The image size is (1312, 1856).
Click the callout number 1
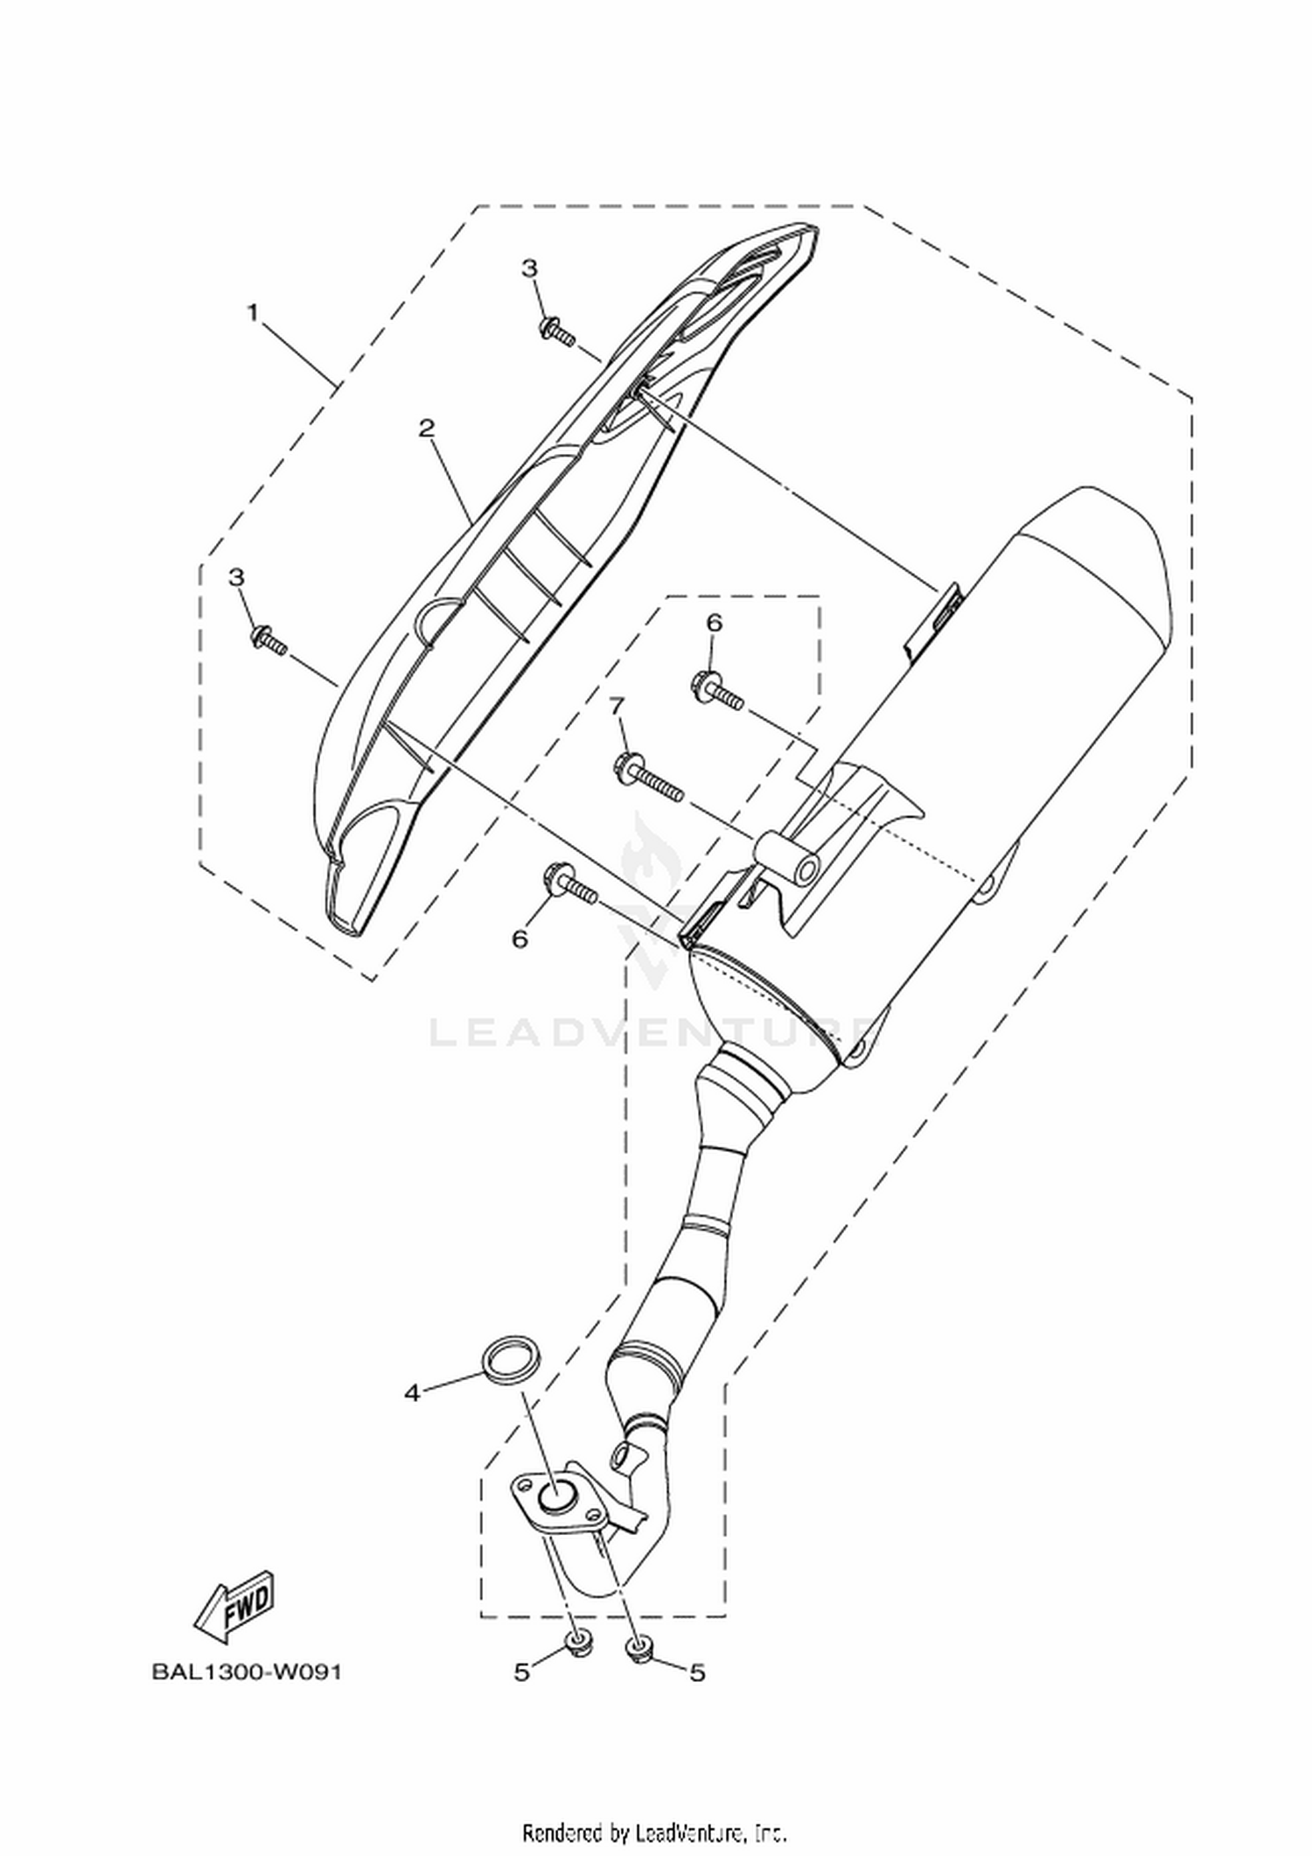[254, 312]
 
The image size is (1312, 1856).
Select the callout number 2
[427, 429]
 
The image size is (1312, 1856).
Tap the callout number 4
[413, 1393]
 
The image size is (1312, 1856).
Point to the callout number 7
[618, 705]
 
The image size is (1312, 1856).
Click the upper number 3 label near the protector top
[530, 269]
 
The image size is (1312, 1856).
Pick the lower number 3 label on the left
[236, 577]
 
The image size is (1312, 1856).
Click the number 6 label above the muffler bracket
[715, 624]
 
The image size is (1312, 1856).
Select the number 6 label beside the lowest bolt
[520, 939]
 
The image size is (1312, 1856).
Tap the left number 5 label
[521, 1673]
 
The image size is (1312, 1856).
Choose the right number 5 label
[697, 1673]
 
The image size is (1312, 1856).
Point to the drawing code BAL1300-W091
[247, 1672]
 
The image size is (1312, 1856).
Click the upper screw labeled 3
[557, 332]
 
